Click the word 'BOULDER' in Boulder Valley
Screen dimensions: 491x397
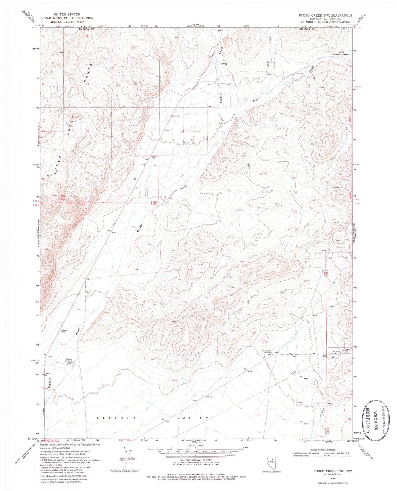point(116,418)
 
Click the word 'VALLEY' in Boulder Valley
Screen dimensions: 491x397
point(193,418)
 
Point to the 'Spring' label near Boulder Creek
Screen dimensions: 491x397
point(224,64)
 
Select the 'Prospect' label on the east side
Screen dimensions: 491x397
point(337,188)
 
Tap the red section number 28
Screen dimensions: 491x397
point(183,131)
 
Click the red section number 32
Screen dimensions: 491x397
point(135,179)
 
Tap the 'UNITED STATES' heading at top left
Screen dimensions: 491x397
point(67,14)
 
